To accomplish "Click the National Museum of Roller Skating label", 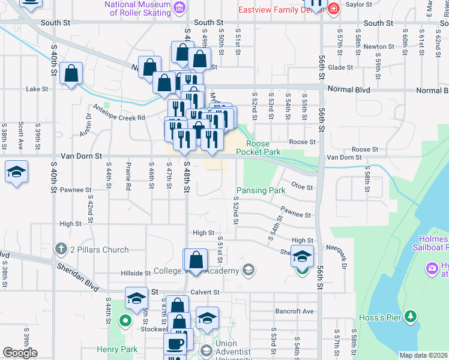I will tap(137, 8).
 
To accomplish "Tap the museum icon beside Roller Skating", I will tap(179, 8).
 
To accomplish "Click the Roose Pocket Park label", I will tap(258, 148).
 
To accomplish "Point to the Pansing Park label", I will tap(261, 190).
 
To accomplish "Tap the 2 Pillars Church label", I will tap(99, 250).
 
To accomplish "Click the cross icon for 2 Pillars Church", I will tap(60, 248).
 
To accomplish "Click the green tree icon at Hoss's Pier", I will tap(411, 316).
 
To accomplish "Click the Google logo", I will tap(20, 353).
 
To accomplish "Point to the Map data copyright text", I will tap(423, 355).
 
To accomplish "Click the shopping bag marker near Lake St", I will tap(71, 73).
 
